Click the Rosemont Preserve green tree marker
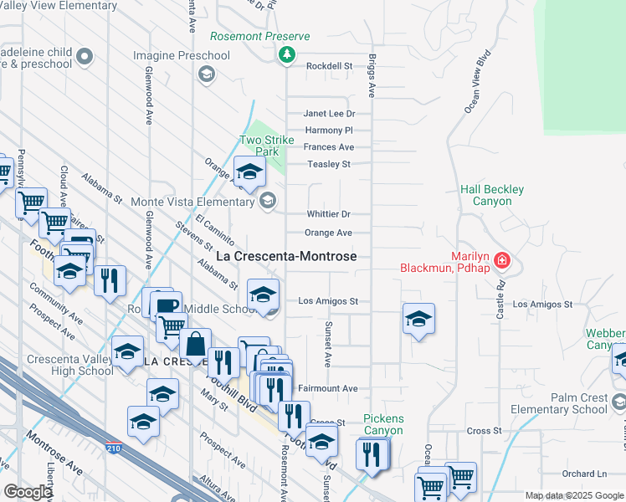(287, 54)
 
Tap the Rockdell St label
(329, 66)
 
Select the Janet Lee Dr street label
(329, 114)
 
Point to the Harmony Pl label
(329, 131)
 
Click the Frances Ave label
(329, 147)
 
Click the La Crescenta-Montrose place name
(287, 256)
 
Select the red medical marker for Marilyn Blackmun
(501, 260)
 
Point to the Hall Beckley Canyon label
(492, 195)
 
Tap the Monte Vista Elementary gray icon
(268, 199)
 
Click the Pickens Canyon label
(383, 424)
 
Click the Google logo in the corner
(28, 492)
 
